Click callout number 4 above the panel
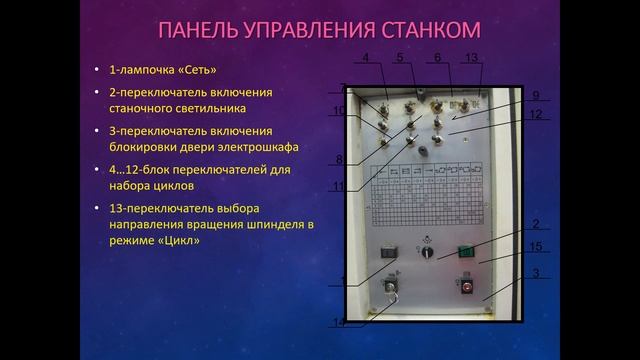(x=368, y=58)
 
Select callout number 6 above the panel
(x=437, y=58)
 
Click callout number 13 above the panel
(x=473, y=58)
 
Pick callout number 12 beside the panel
(x=536, y=115)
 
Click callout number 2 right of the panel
(x=536, y=224)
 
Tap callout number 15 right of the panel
(x=536, y=246)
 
